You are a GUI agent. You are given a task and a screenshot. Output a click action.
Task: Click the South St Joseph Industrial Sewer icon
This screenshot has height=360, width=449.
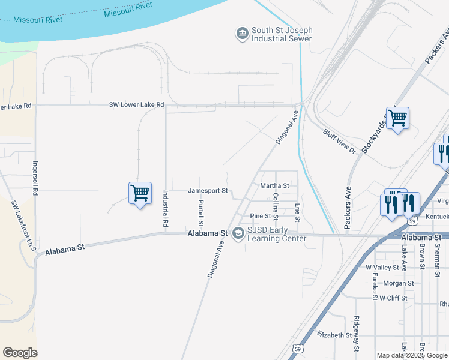(242, 34)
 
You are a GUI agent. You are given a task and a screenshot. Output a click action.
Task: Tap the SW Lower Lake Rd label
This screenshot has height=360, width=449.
(136, 104)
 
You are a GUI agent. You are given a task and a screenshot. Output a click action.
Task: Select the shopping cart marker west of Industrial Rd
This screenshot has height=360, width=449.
(140, 194)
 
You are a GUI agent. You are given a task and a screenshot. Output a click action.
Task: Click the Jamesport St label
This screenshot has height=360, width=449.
(208, 191)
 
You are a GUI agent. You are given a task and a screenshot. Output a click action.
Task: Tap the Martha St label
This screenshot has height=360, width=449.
(275, 186)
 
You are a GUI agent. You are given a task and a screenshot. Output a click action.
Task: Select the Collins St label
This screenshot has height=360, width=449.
(276, 205)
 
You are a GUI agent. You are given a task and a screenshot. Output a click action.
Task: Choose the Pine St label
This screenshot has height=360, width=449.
(261, 216)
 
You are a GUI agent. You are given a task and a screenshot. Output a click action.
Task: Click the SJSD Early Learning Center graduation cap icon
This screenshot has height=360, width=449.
(238, 233)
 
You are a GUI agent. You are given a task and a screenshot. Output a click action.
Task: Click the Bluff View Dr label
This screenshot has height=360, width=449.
(340, 140)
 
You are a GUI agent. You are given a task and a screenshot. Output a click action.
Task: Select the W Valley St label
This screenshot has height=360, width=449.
(382, 267)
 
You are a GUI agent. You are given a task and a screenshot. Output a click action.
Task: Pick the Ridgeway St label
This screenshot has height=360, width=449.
(357, 333)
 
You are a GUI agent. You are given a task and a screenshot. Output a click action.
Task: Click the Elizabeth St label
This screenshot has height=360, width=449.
(334, 335)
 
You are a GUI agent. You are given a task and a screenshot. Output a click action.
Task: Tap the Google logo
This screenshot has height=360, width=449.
(20, 353)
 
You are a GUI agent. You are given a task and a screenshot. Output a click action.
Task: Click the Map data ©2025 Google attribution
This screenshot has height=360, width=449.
(412, 355)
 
